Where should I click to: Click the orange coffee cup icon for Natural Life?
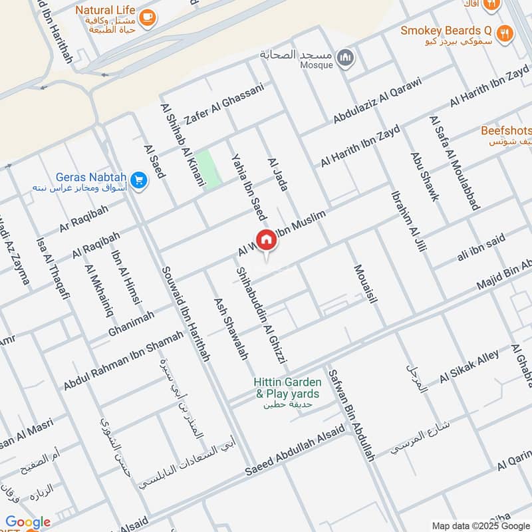pyautogui.click(x=148, y=17)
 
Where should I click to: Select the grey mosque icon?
pyautogui.click(x=345, y=59)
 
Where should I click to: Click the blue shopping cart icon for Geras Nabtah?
pyautogui.click(x=139, y=180)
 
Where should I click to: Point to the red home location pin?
pyautogui.click(x=266, y=241)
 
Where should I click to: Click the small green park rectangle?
pyautogui.click(x=211, y=170)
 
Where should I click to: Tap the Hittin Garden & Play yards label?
pyautogui.click(x=288, y=388)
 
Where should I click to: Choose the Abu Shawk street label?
pyautogui.click(x=425, y=177)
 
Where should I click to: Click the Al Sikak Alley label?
pyautogui.click(x=469, y=367)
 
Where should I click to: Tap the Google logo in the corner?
pyautogui.click(x=28, y=523)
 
